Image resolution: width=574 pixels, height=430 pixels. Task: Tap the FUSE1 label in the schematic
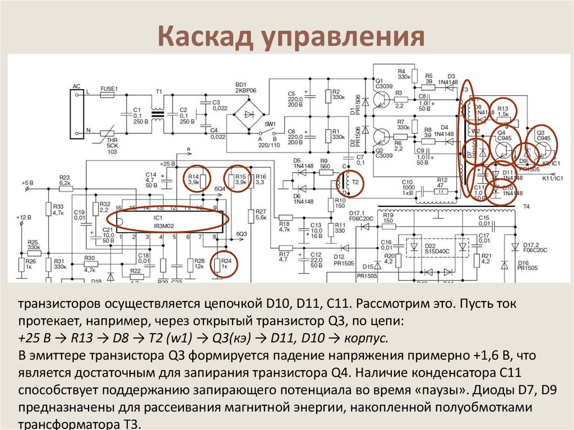tap(109, 89)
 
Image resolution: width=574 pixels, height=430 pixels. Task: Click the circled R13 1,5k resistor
tap(505, 111)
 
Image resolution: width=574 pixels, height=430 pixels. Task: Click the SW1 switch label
tap(271, 124)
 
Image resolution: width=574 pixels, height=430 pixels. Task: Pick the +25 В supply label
tap(168, 164)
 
